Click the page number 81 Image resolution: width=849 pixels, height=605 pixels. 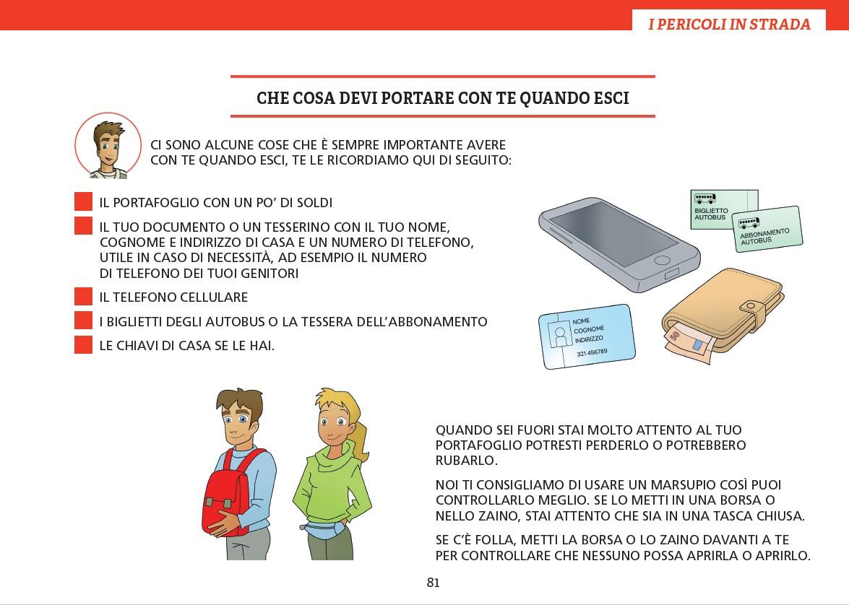(x=433, y=583)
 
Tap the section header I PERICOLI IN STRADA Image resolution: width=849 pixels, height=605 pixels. (x=729, y=24)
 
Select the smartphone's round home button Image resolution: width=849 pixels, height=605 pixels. (x=662, y=261)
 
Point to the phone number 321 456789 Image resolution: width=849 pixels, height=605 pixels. (x=592, y=352)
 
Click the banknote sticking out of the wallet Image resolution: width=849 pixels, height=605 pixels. (x=689, y=344)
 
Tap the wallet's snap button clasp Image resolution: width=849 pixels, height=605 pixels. (x=751, y=307)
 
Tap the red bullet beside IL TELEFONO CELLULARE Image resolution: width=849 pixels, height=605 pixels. (x=83, y=297)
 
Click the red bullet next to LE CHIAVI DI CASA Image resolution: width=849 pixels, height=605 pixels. (x=83, y=344)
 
